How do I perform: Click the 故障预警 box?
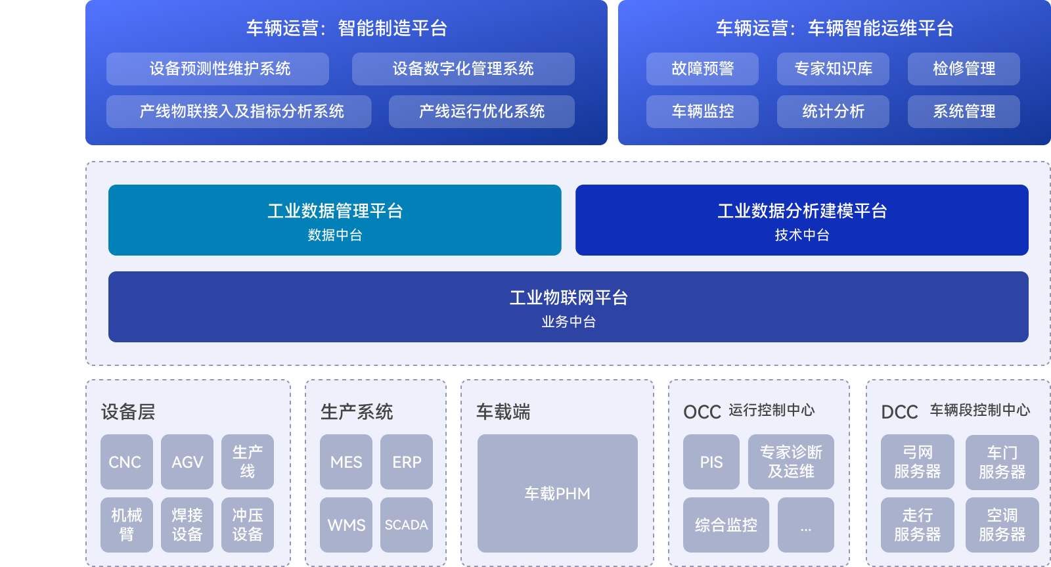tap(702, 69)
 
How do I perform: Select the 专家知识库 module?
tap(833, 69)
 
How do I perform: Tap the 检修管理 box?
tap(964, 69)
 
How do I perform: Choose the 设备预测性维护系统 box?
tap(217, 69)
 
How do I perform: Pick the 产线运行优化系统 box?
tap(481, 112)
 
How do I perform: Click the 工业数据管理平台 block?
tap(334, 220)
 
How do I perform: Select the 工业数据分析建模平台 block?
tap(801, 220)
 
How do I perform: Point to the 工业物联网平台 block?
tap(568, 307)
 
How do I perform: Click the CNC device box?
tap(126, 462)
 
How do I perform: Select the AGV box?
tap(187, 462)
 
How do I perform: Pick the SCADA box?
tap(406, 525)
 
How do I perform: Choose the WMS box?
tap(346, 525)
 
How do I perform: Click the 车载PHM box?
tap(557, 493)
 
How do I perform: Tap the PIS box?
tap(711, 462)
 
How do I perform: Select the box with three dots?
tap(806, 525)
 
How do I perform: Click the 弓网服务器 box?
tap(917, 462)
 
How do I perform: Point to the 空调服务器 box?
tap(1002, 525)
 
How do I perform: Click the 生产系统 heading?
tap(357, 412)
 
